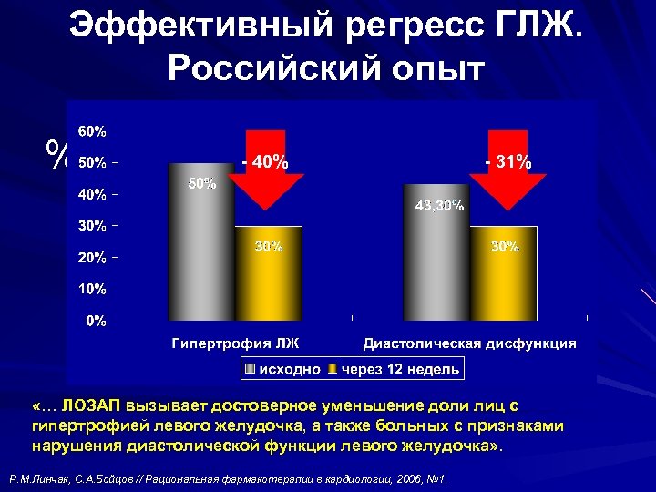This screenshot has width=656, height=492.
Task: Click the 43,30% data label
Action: (x=438, y=207)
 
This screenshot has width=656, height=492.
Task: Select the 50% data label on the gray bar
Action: (x=201, y=185)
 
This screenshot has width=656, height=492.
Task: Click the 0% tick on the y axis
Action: (x=95, y=321)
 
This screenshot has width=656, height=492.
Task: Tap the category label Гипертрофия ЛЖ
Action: (x=235, y=343)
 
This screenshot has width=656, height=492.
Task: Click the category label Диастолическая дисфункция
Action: (x=469, y=343)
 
